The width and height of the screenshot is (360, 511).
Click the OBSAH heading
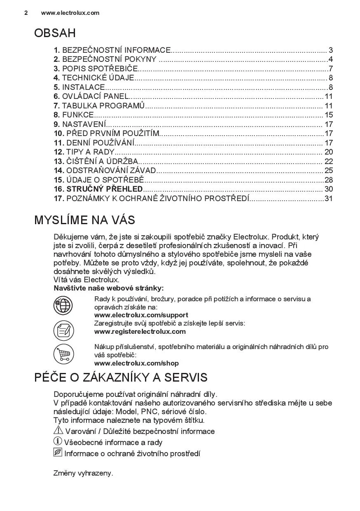pos(55,33)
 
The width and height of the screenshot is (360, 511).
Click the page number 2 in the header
pos(26,13)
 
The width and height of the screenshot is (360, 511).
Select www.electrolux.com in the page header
pos(70,13)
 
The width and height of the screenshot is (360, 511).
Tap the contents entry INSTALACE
pos(84,87)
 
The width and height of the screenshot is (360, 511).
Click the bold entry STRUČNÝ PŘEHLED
pos(105,189)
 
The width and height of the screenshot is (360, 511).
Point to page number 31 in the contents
pos(328,199)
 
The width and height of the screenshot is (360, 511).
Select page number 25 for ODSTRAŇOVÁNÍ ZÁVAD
pos(328,171)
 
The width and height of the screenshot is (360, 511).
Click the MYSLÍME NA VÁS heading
pos(84,220)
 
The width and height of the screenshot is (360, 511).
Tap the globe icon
pos(63,306)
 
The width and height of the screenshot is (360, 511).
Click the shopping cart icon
pos(63,354)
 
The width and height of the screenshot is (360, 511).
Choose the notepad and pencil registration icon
pos(63,330)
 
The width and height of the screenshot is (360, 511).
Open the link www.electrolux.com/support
pos(141,315)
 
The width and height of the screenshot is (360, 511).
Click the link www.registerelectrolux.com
pos(140,331)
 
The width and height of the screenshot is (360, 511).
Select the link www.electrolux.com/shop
pos(136,363)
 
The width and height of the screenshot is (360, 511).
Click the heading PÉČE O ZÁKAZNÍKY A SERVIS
pos(121,377)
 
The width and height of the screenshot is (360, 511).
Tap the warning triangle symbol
pos(58,431)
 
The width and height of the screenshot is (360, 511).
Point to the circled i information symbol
pos(58,442)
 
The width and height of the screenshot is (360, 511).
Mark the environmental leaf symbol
pos(58,453)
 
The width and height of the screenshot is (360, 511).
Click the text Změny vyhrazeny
pos(83,473)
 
